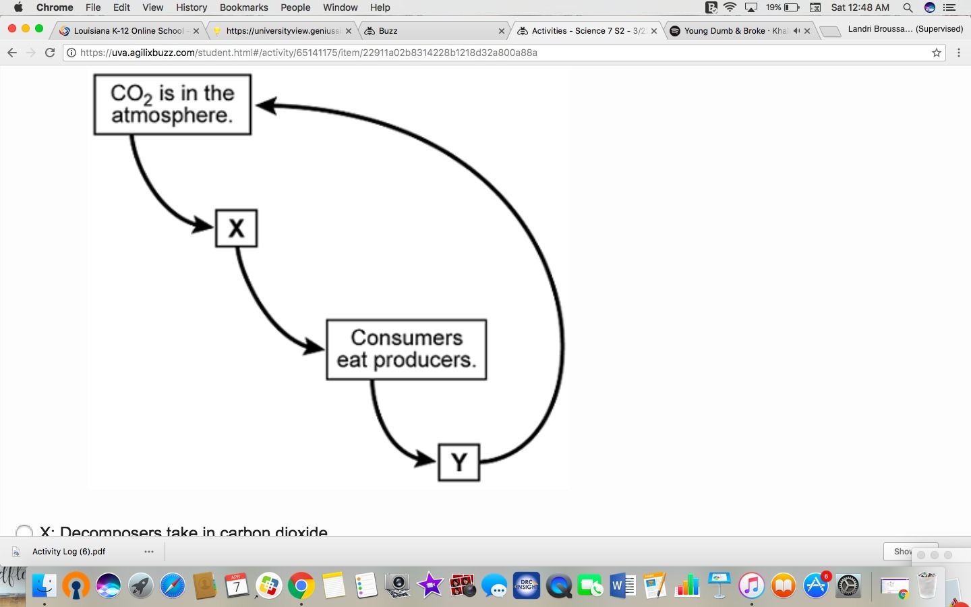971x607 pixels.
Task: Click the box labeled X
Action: [x=236, y=229]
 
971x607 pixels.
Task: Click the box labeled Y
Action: [x=459, y=463]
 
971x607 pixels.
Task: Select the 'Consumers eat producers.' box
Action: [x=406, y=349]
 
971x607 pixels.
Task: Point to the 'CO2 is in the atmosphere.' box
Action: [x=173, y=105]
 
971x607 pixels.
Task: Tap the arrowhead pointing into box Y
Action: [x=427, y=460]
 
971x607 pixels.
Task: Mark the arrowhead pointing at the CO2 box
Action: [x=266, y=106]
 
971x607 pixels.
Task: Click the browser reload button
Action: [x=50, y=53]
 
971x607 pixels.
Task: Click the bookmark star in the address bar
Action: [x=937, y=53]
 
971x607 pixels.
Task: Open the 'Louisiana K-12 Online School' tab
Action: [x=128, y=31]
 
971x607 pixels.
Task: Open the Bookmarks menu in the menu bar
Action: [x=243, y=7]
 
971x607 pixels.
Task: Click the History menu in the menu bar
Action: [x=192, y=7]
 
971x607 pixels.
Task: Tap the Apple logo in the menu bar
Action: [x=18, y=7]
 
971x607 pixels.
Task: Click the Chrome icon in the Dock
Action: [x=301, y=585]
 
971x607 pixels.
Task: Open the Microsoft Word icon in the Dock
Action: [x=622, y=585]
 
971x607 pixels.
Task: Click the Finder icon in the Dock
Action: [x=45, y=585]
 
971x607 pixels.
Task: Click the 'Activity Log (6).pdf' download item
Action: [x=69, y=552]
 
